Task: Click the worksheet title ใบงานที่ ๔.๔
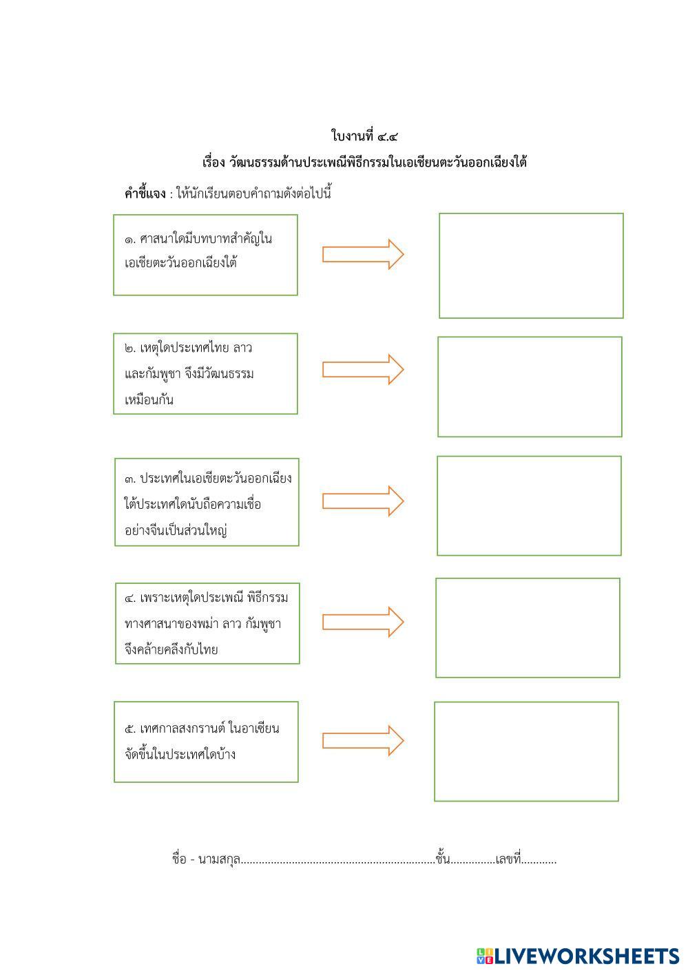tap(364, 136)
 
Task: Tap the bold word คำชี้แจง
tap(145, 193)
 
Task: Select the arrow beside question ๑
tap(363, 254)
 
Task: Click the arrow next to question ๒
tap(363, 370)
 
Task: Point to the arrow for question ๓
tap(363, 501)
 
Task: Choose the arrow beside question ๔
tap(363, 622)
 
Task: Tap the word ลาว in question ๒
tap(242, 348)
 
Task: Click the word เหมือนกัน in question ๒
tap(149, 399)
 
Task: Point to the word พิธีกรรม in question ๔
tap(267, 598)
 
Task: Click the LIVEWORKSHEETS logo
tap(578, 956)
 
